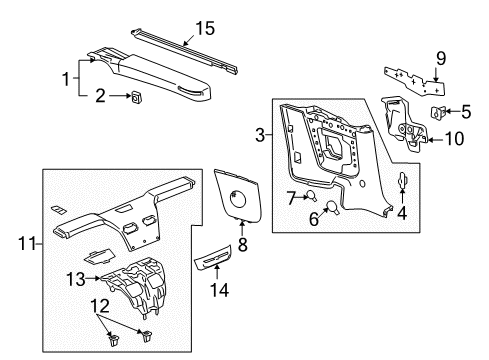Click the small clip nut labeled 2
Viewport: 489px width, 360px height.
[x=134, y=97]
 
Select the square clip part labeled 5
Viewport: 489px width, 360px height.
[x=436, y=111]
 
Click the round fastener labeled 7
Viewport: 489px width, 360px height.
[x=311, y=195]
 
